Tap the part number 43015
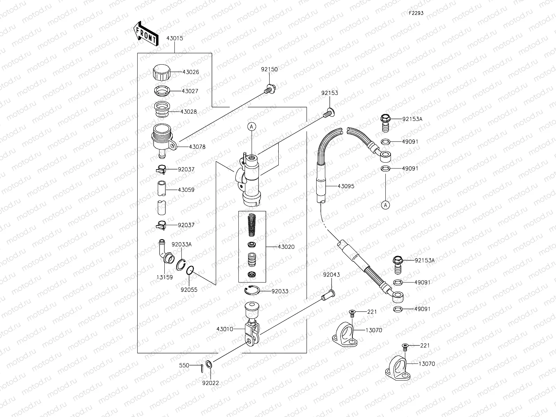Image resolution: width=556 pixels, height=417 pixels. pyautogui.click(x=174, y=39)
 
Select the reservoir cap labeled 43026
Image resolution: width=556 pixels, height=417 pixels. pyautogui.click(x=162, y=72)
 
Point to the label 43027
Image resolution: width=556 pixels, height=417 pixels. pyautogui.click(x=190, y=91)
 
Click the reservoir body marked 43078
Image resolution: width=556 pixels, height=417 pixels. pyautogui.click(x=163, y=139)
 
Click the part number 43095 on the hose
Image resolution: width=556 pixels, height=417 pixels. pyautogui.click(x=346, y=186)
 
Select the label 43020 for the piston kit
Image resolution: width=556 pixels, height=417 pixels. pyautogui.click(x=286, y=247)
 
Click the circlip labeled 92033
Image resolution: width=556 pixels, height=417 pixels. pyautogui.click(x=252, y=291)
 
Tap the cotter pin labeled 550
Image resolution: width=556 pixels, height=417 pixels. pyautogui.click(x=202, y=367)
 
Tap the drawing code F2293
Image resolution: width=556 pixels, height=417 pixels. pyautogui.click(x=416, y=13)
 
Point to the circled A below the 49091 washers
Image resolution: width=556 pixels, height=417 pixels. pyautogui.click(x=385, y=205)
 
